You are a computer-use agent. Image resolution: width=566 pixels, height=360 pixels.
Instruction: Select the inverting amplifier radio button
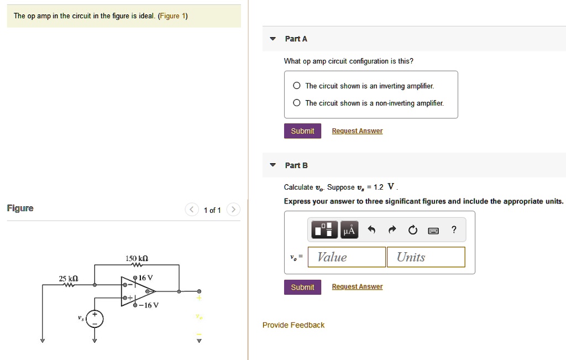[297, 86]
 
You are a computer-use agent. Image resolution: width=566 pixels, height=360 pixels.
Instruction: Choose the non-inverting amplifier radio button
[297, 103]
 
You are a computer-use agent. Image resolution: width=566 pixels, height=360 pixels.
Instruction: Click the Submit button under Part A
[302, 131]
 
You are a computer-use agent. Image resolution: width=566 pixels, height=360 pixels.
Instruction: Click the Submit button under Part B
[302, 287]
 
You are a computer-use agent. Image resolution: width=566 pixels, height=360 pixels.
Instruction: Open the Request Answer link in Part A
[357, 131]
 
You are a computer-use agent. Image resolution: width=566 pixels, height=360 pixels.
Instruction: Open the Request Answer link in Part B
[357, 287]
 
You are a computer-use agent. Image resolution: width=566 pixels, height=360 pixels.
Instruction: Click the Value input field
[347, 257]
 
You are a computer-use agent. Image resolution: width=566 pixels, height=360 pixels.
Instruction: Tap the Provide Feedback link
[294, 325]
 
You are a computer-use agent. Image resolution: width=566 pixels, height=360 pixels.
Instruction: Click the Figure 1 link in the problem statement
[172, 16]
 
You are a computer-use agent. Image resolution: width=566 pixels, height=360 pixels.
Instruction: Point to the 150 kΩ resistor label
[137, 258]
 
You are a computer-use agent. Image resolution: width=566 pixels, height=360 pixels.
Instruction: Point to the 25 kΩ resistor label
[69, 278]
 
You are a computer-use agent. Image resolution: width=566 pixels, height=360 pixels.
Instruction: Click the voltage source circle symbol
[95, 319]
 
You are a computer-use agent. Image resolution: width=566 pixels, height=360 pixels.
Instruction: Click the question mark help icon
[454, 230]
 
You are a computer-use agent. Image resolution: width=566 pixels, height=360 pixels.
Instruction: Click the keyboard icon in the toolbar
[434, 230]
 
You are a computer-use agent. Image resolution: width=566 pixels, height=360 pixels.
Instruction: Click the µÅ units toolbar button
[349, 230]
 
